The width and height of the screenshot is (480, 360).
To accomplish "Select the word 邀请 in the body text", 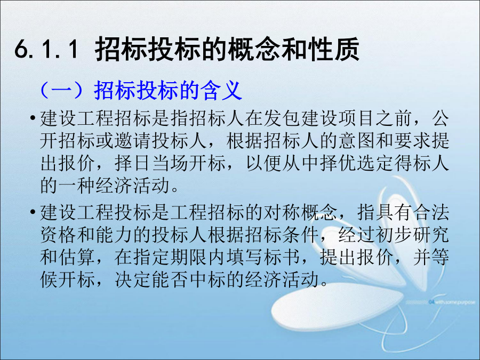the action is click(133, 141).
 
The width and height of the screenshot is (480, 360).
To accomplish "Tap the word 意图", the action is click(357, 141).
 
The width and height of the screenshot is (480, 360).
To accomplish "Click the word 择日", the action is click(133, 163).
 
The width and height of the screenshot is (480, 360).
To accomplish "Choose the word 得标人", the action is click(422, 163).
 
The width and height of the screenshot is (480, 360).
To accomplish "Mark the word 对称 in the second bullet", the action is click(282, 212).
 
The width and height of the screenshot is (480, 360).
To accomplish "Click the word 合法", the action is click(431, 212).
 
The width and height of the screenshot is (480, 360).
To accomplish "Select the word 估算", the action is click(77, 257).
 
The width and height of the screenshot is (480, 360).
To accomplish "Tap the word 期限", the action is click(189, 257).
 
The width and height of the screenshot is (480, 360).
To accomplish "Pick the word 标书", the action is click(282, 257).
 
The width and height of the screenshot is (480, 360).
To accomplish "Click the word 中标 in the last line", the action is click(207, 280).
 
